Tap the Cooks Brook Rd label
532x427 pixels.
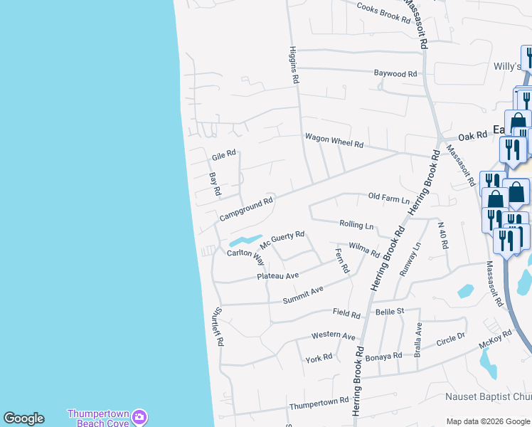pyautogui.click(x=384, y=12)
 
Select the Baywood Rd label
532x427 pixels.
pyautogui.click(x=395, y=74)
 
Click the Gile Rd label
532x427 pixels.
pyautogui.click(x=223, y=157)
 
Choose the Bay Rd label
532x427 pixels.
pyautogui.click(x=215, y=184)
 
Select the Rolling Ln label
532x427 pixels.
pyautogui.click(x=356, y=226)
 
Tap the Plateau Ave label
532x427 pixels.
pyautogui.click(x=278, y=275)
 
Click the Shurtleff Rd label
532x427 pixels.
pyautogui.click(x=217, y=327)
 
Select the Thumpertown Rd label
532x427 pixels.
pyautogui.click(x=319, y=404)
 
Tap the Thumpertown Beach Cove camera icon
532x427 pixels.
pyautogui.click(x=140, y=415)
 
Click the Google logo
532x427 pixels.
pyautogui.click(x=23, y=418)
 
